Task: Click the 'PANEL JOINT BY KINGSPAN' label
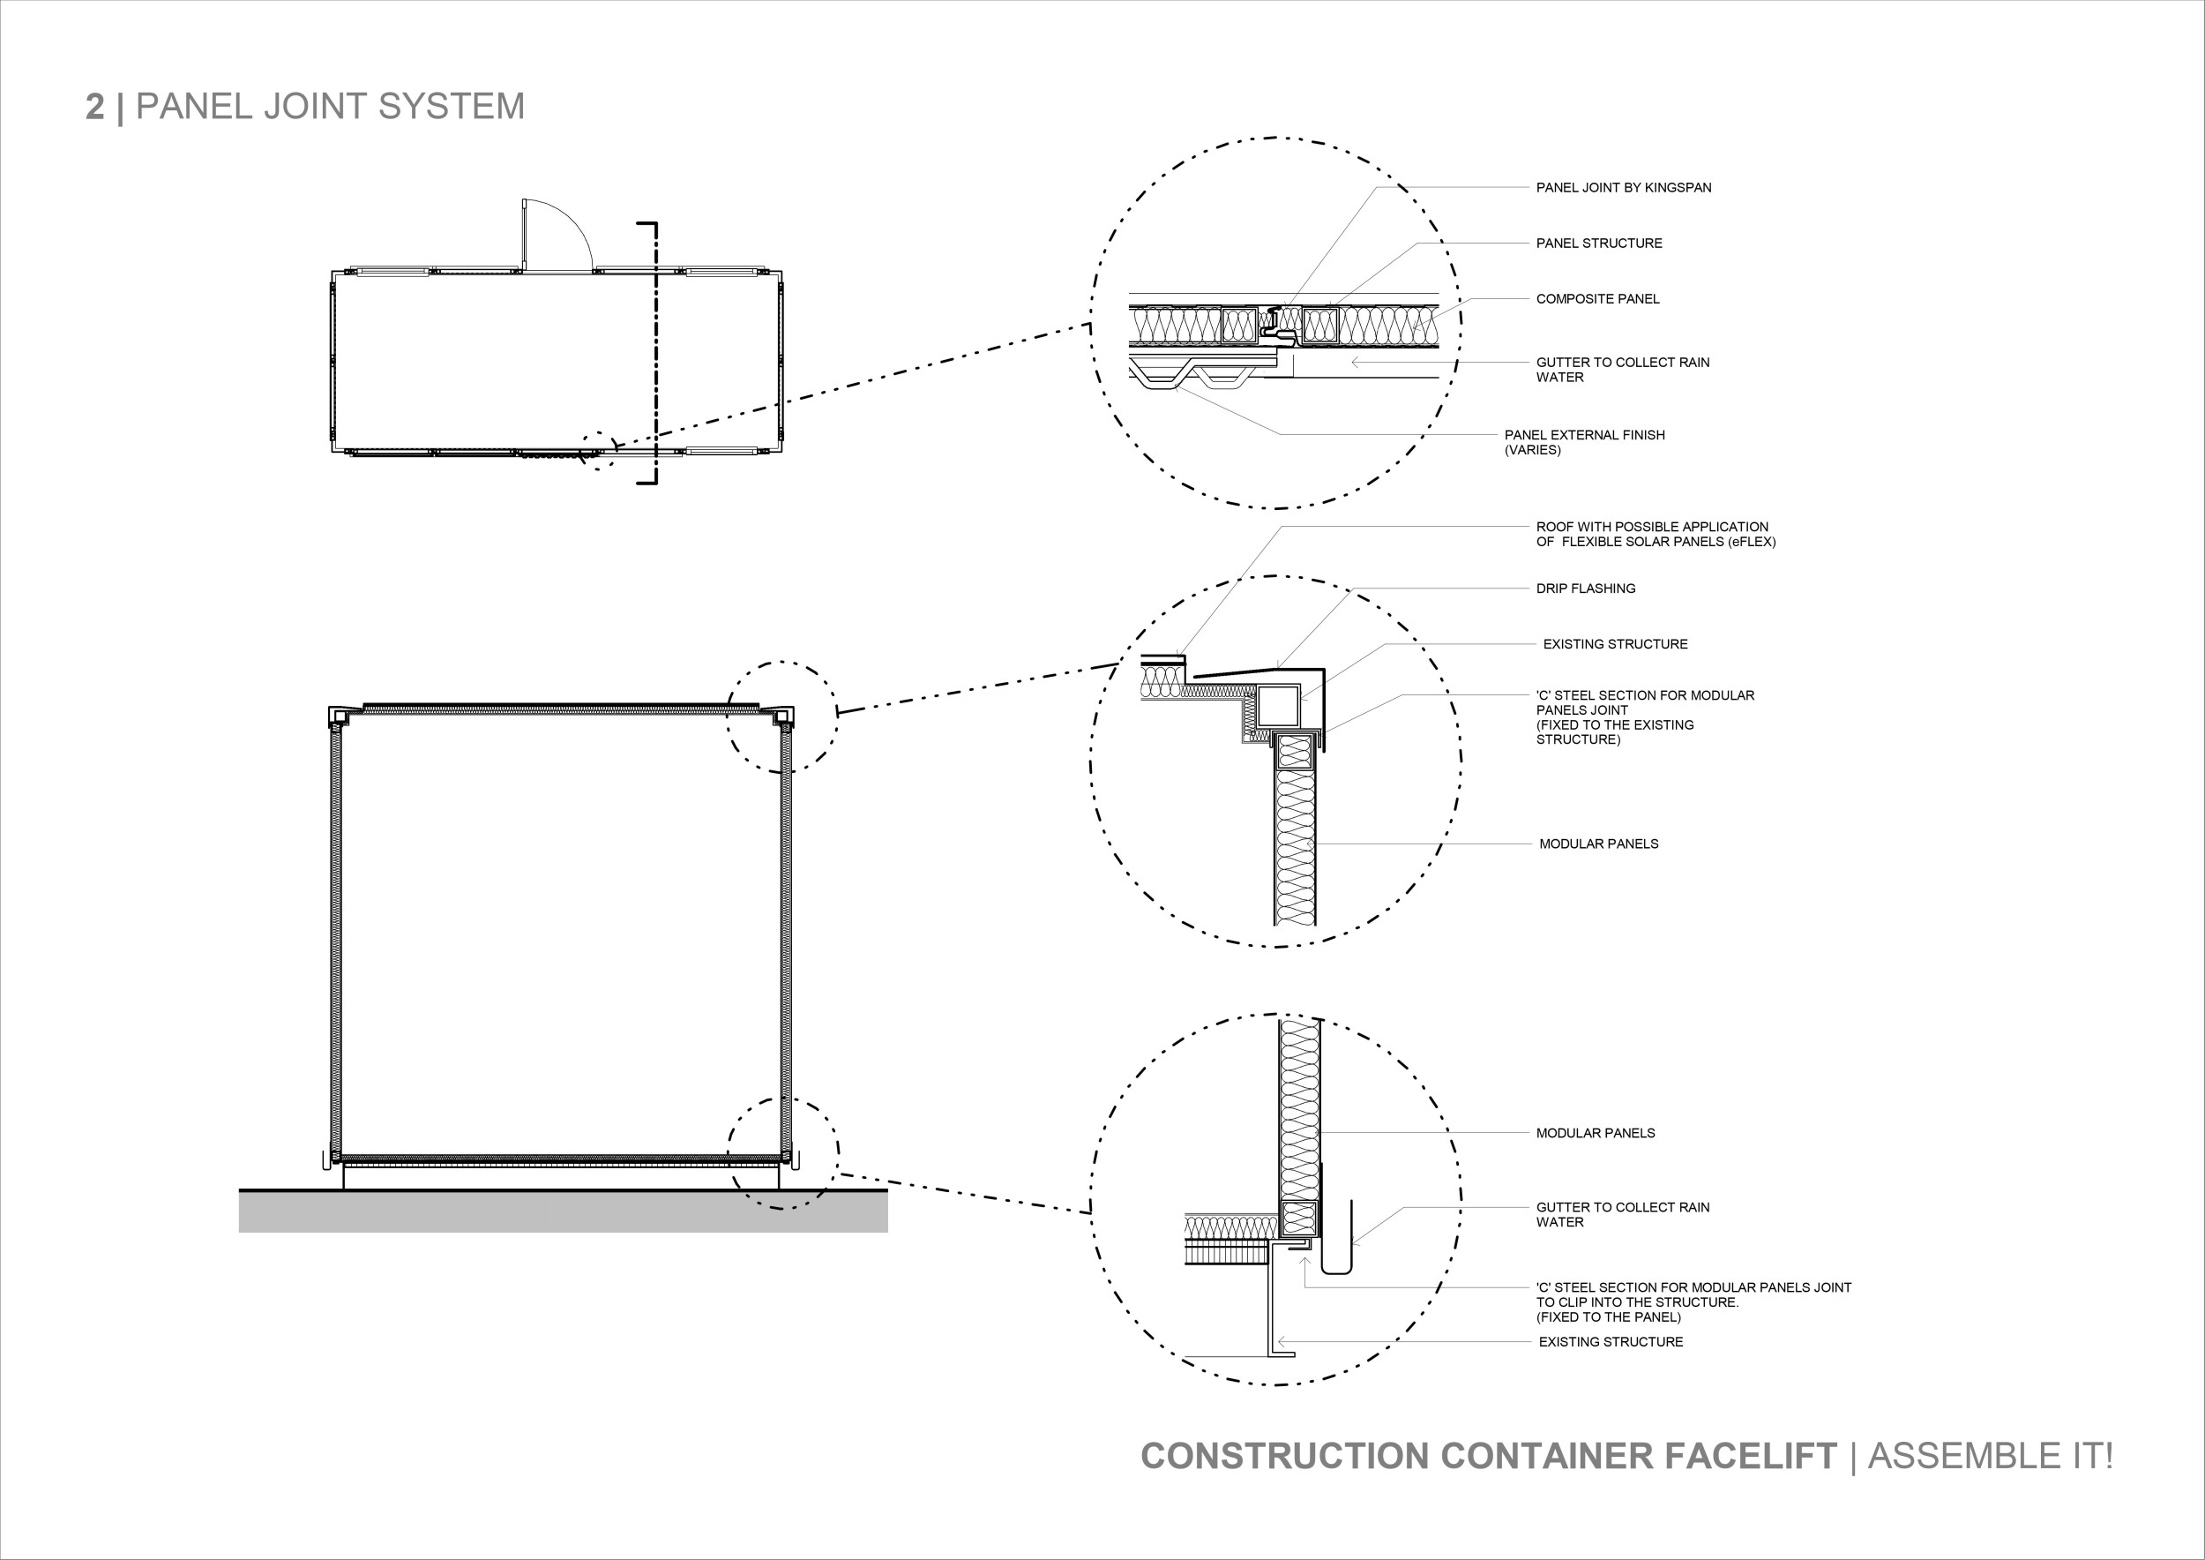coord(1623,187)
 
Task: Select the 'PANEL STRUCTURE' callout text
coord(1599,243)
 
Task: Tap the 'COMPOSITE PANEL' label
coord(1597,299)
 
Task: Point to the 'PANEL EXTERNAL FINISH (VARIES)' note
coord(1585,442)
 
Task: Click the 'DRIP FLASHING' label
coord(1586,589)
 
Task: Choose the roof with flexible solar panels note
coord(1656,534)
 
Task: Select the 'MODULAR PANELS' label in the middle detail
coord(1599,844)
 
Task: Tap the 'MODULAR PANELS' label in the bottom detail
coord(1596,1134)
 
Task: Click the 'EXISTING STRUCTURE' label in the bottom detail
coord(1611,1342)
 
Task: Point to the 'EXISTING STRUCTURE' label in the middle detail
coord(1615,644)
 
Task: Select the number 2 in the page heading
coord(94,107)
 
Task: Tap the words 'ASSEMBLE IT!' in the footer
coord(1990,1456)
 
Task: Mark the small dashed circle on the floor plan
coord(598,449)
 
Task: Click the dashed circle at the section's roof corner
coord(781,716)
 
